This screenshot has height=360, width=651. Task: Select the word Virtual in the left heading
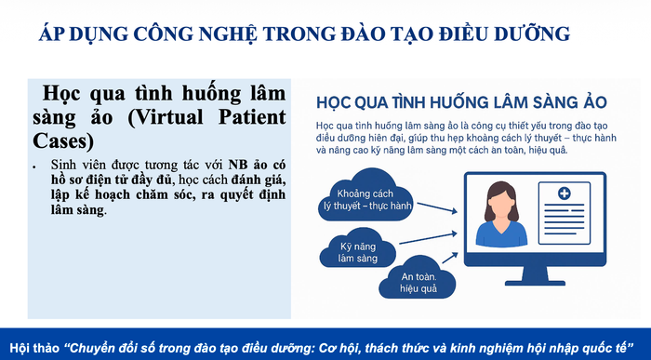point(166,117)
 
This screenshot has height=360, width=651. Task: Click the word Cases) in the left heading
point(63,141)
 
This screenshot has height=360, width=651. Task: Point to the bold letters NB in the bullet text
point(238,165)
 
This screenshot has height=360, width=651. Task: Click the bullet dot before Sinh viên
point(34,167)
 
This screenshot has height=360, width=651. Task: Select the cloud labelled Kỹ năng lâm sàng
point(357,247)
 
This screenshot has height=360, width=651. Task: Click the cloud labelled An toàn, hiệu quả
point(418,277)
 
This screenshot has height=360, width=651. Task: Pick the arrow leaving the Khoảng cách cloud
point(437,207)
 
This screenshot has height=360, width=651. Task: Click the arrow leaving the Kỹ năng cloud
point(428,238)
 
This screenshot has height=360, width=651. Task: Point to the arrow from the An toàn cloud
point(450,258)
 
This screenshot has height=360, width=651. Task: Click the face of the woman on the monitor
point(501,204)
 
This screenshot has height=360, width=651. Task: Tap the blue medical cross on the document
point(564,193)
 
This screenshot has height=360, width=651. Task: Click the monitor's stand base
point(535,283)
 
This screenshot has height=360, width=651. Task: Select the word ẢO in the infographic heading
point(595,102)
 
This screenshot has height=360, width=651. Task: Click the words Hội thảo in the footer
point(34,348)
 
